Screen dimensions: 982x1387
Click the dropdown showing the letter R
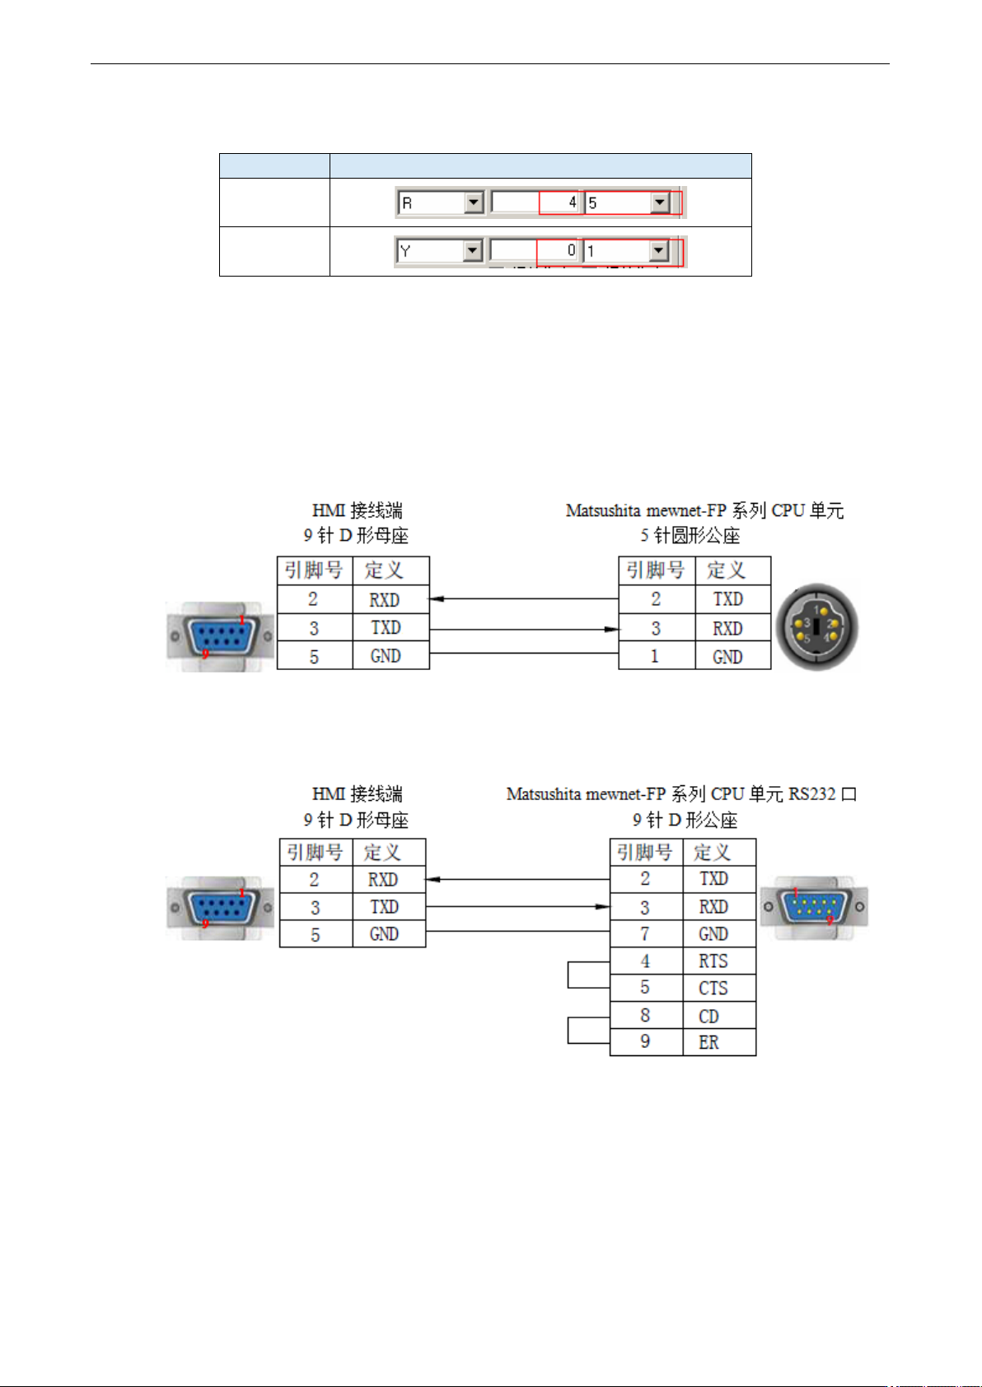tap(441, 202)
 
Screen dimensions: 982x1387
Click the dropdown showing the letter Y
tap(439, 251)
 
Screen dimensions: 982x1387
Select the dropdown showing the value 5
tap(627, 202)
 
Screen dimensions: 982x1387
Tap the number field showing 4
tap(535, 202)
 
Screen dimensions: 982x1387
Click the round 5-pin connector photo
tap(817, 626)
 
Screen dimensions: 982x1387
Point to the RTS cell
tap(719, 961)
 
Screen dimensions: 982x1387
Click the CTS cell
tap(719, 989)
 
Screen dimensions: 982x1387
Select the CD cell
tap(719, 1016)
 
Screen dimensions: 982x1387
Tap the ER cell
tap(719, 1043)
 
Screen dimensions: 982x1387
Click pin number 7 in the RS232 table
tap(645, 933)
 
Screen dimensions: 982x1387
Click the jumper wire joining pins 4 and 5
tap(568, 975)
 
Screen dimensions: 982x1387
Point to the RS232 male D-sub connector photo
tap(814, 908)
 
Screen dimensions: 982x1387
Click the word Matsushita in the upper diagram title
tap(603, 511)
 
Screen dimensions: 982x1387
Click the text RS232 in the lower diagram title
tap(812, 794)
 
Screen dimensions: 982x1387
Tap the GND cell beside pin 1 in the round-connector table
tap(733, 656)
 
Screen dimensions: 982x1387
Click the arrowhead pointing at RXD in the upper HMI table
tap(437, 598)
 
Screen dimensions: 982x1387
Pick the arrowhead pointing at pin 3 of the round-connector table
tap(611, 629)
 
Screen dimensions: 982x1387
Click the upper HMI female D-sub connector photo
tap(220, 636)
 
